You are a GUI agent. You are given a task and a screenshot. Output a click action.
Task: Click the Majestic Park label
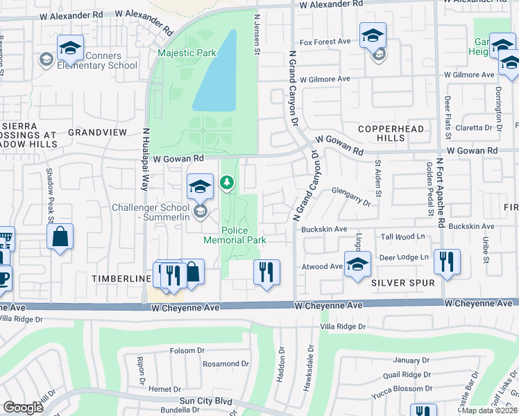187,53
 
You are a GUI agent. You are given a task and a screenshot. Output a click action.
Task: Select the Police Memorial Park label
244,235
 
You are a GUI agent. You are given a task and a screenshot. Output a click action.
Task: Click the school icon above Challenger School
200,187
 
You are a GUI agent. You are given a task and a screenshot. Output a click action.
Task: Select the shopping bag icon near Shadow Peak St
61,236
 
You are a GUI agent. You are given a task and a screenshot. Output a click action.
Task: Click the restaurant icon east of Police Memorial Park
266,272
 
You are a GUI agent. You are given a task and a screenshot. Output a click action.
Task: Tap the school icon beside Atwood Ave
357,264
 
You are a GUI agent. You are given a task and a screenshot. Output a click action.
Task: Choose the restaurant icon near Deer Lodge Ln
448,262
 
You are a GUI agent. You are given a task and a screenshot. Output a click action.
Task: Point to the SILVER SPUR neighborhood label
402,283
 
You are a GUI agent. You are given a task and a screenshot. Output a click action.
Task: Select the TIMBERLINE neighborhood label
121,278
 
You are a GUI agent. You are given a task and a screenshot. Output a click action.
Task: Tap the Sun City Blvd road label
205,401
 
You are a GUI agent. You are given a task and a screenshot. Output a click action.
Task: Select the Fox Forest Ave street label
324,42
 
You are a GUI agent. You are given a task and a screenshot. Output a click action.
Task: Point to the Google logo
23,408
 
